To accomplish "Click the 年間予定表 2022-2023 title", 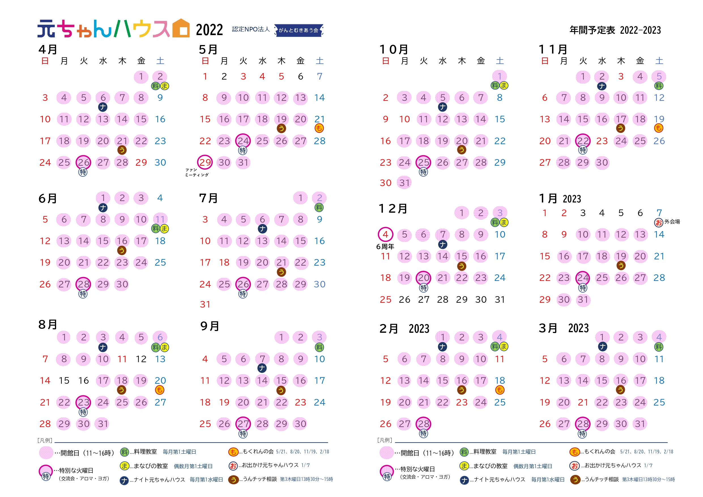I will click(x=615, y=30).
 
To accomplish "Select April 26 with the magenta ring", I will click(x=83, y=162).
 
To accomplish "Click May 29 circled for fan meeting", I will click(x=205, y=162).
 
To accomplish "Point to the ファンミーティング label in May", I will click(x=197, y=172).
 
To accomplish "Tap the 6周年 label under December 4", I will click(x=385, y=246).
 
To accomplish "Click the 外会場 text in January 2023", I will click(x=672, y=222).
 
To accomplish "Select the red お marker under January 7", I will click(x=659, y=222).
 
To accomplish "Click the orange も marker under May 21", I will click(x=319, y=128).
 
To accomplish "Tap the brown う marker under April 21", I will click(x=122, y=150).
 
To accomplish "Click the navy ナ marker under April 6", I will click(x=103, y=107).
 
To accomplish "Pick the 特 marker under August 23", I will click(x=83, y=412).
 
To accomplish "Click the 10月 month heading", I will click(x=394, y=50).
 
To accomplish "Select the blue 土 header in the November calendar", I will click(x=659, y=61).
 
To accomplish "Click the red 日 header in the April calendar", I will click(x=45, y=61).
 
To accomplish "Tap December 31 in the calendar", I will click(x=500, y=300).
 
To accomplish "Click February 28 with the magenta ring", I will click(x=423, y=424).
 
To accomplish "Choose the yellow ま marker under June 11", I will click(x=165, y=229).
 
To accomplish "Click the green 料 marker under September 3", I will click(x=319, y=347).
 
